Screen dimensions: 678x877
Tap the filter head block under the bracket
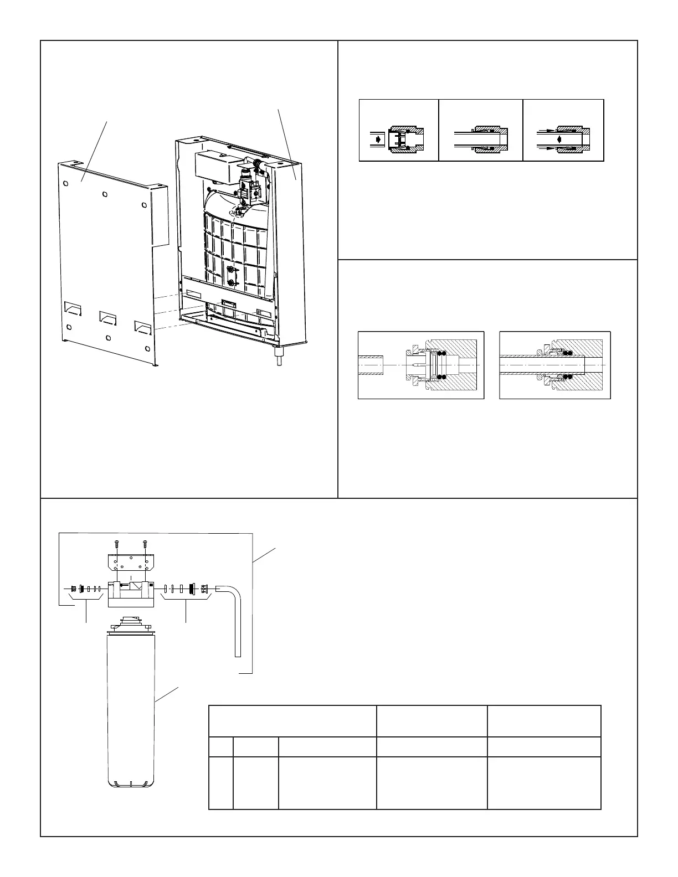[131, 592]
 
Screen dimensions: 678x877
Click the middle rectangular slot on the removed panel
[108, 317]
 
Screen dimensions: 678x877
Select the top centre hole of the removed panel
[105, 194]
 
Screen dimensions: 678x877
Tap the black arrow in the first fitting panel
[377, 140]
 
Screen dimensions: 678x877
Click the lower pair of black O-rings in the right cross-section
[568, 378]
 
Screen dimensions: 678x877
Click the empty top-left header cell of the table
[292, 721]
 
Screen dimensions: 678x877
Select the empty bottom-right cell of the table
[544, 783]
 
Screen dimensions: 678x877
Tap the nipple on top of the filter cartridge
[131, 620]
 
